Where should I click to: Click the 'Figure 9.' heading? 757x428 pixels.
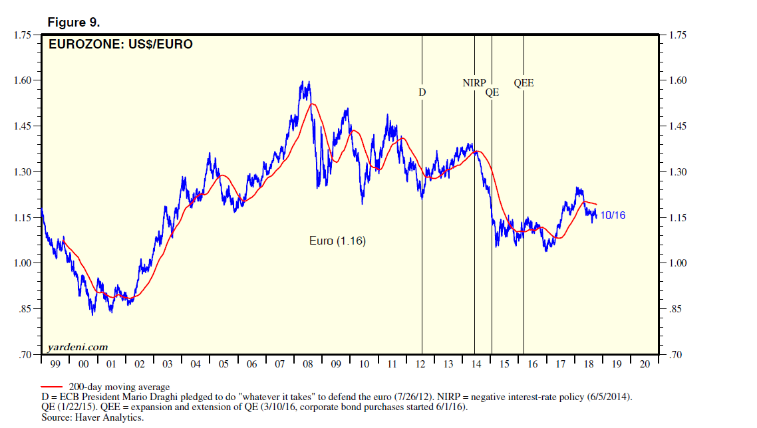tap(73, 22)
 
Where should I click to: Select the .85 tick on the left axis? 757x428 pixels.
tap(25, 309)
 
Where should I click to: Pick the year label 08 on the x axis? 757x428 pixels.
tap(307, 365)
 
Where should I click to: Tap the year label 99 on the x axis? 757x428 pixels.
tap(55, 365)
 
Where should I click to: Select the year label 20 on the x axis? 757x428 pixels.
tap(644, 365)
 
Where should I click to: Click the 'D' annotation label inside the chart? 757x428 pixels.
tap(422, 92)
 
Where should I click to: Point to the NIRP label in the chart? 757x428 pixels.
tap(474, 83)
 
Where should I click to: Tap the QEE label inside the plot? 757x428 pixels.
tap(524, 83)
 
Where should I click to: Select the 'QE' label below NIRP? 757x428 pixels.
tap(492, 93)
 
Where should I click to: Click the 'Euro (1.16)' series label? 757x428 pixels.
tap(337, 241)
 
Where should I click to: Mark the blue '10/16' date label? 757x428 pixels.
tap(613, 215)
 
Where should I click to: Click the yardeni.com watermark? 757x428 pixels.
tap(78, 347)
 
